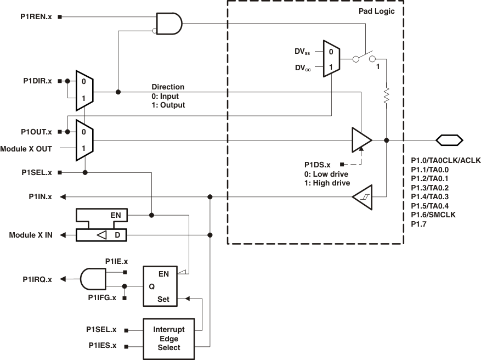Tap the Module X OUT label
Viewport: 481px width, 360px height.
point(26,149)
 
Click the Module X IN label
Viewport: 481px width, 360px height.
point(31,235)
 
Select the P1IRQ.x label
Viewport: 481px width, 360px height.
point(37,279)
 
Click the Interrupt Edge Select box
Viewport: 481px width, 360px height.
point(168,339)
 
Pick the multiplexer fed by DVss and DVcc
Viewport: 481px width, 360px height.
point(331,59)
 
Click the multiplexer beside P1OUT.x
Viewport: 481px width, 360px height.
point(84,140)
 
